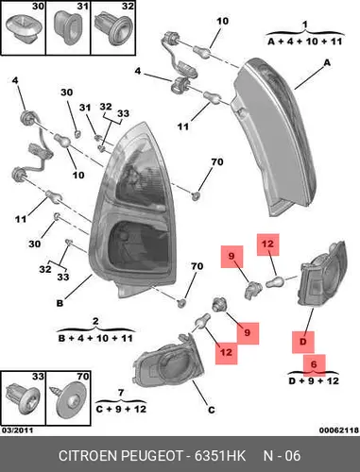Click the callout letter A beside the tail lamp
click(327, 63)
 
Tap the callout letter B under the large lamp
click(60, 303)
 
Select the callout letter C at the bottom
click(212, 410)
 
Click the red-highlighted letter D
click(302, 342)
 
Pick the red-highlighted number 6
click(314, 364)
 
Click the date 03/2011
click(18, 430)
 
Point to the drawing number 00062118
click(339, 430)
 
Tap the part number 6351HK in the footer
click(219, 456)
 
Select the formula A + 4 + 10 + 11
click(304, 42)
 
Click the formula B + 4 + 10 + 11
click(95, 339)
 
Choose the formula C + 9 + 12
click(121, 409)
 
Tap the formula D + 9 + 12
click(314, 381)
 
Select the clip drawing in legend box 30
click(24, 30)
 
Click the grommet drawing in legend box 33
click(23, 398)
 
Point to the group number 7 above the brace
click(121, 393)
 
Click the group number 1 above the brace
click(304, 25)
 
